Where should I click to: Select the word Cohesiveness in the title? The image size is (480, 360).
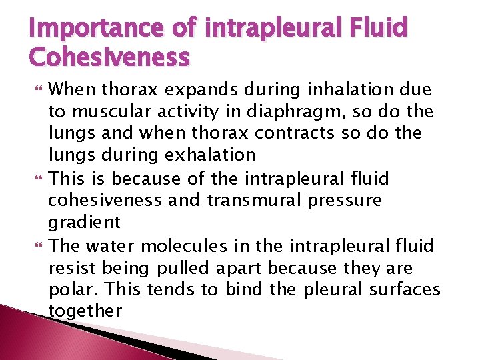tap(109, 58)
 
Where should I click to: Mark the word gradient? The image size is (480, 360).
tap(85, 223)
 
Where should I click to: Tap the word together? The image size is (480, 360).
tap(85, 311)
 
